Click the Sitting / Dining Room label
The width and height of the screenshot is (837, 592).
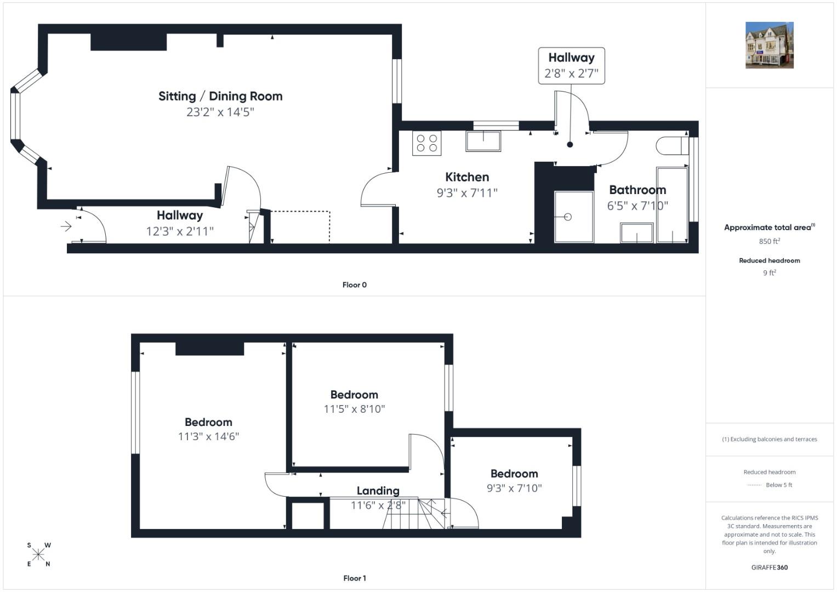tap(220, 96)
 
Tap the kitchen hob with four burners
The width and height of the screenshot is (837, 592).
tap(426, 143)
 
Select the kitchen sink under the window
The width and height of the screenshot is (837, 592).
tap(483, 141)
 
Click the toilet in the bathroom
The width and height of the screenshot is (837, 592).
tap(672, 146)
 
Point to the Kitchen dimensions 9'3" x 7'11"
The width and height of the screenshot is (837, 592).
tap(467, 193)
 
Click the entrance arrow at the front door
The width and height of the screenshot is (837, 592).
tap(66, 226)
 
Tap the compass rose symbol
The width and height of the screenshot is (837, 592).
tap(38, 554)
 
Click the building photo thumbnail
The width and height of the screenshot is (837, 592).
tap(770, 45)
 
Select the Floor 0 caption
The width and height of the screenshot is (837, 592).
tap(355, 285)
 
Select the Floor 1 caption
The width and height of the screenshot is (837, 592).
tap(355, 578)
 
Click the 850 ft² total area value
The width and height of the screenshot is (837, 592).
tap(770, 241)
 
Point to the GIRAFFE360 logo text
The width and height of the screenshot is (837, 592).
tap(770, 567)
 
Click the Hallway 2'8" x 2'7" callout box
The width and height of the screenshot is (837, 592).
tap(571, 66)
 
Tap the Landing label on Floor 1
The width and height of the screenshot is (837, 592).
tap(378, 491)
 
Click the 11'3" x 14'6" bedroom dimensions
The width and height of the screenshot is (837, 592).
tap(208, 436)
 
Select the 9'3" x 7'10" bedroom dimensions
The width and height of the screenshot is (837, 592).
tap(514, 488)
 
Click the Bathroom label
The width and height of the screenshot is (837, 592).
tap(637, 190)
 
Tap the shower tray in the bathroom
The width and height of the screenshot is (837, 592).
tap(574, 217)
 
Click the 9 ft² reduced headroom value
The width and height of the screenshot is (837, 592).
tap(770, 272)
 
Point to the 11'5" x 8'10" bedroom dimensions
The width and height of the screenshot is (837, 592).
tap(354, 409)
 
